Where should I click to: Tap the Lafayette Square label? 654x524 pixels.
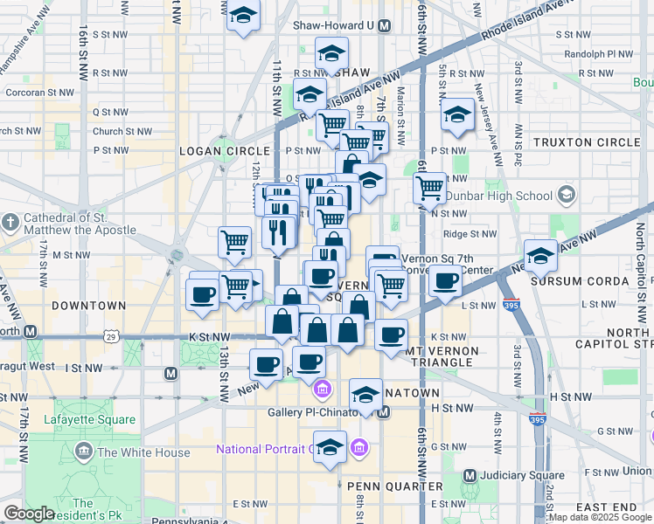[94, 420]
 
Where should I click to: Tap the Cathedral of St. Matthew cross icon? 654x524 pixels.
[10, 224]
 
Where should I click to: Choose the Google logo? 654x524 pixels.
[29, 514]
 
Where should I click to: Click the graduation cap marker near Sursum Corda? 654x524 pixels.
[541, 256]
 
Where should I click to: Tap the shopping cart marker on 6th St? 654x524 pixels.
[429, 187]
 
